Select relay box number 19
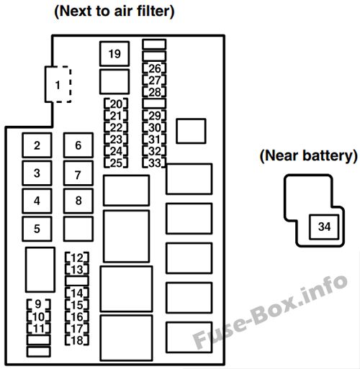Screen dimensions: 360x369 click(114, 54)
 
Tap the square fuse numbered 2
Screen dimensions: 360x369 click(37, 145)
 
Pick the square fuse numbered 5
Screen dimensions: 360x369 click(37, 229)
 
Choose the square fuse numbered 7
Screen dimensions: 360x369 click(78, 173)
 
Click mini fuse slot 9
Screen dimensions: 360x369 click(38, 304)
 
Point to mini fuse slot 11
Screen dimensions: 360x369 click(38, 328)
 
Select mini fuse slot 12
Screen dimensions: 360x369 click(77, 258)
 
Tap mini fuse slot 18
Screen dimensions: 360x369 click(77, 340)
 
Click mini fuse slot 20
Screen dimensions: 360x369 click(116, 104)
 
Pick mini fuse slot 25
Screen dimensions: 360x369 click(116, 163)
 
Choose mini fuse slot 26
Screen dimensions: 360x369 click(154, 68)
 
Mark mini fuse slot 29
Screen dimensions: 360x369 click(154, 116)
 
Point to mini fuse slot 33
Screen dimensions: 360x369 click(154, 163)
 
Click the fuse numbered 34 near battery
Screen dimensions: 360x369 click(324, 227)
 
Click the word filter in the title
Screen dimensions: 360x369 click(156, 11)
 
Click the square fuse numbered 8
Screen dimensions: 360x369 click(78, 201)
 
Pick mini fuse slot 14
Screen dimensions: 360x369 click(77, 293)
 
